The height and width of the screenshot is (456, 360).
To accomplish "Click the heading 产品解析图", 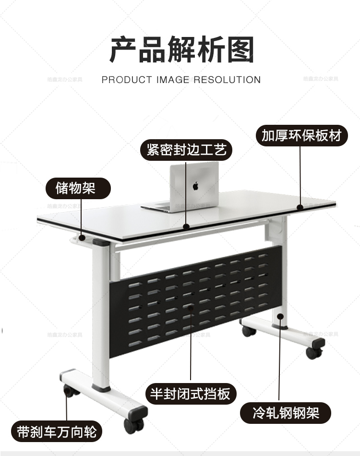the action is [x=181, y=50].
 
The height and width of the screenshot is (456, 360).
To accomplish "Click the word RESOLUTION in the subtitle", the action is [x=228, y=80].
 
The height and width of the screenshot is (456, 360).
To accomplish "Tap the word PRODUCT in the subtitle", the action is [x=127, y=80].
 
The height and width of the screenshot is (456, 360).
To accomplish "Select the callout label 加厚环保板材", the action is [x=301, y=136].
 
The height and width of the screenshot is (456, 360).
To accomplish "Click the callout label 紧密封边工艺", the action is [x=186, y=150].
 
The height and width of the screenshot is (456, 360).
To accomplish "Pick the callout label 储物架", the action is [x=76, y=188].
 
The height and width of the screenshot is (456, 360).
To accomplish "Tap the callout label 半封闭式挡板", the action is [x=190, y=394].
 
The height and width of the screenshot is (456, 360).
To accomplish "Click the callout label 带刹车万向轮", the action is [x=57, y=431].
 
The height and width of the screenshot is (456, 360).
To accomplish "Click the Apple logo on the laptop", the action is [x=195, y=185].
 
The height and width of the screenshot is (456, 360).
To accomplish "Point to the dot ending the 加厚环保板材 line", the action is [x=300, y=207].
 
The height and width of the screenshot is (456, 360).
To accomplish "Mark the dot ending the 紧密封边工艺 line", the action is [x=187, y=226].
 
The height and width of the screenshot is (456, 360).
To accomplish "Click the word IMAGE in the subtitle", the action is [x=172, y=80].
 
